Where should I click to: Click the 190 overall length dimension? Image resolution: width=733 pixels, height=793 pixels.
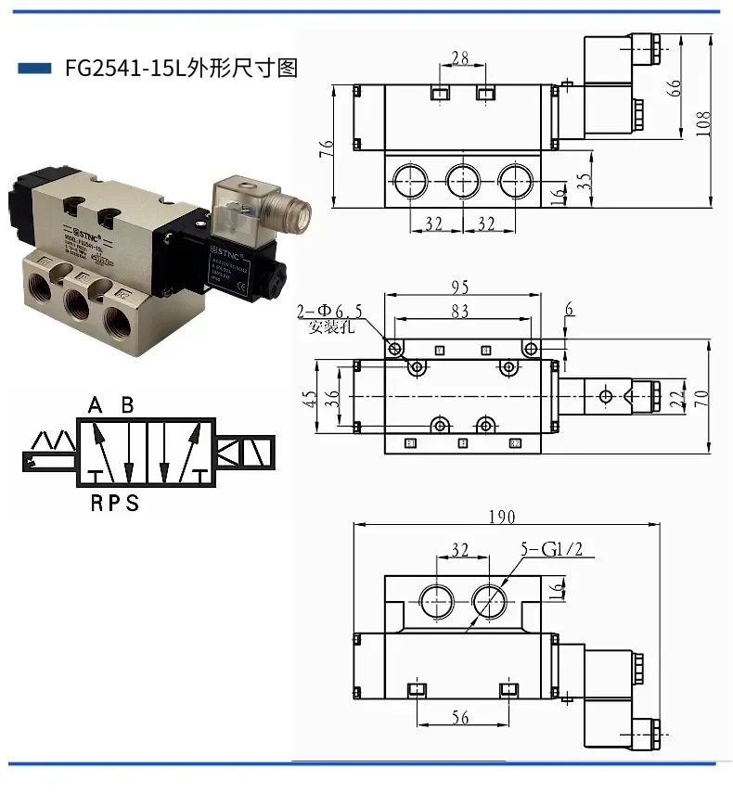click(506, 517)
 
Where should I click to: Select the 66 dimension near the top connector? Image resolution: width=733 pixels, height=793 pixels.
click(675, 88)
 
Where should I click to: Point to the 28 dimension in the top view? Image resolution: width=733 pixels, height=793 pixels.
click(458, 58)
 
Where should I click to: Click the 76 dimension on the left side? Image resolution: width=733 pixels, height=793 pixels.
click(327, 148)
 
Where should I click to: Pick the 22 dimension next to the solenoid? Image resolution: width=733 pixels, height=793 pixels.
click(675, 398)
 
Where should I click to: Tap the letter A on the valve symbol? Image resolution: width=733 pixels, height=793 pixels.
click(95, 405)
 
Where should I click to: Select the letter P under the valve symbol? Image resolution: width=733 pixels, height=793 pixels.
click(112, 504)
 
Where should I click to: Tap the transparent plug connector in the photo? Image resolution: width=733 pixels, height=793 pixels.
click(243, 203)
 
